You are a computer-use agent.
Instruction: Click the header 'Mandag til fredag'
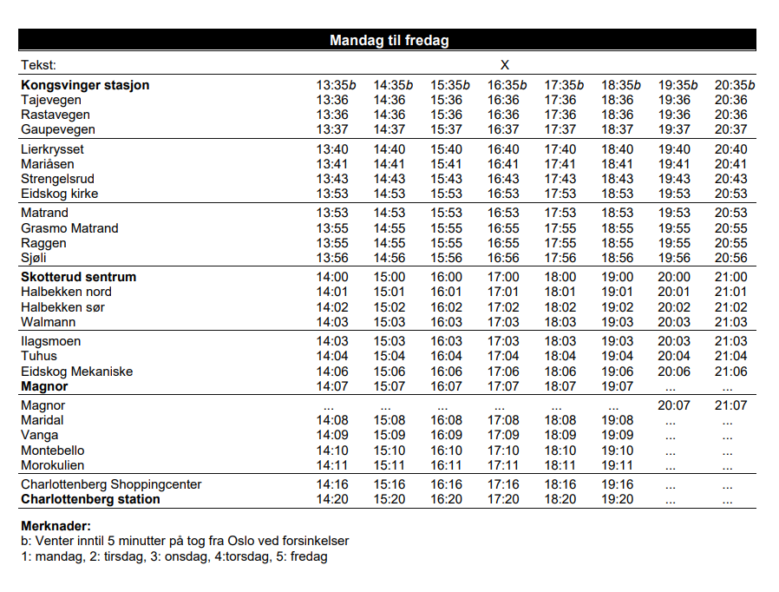click(x=389, y=41)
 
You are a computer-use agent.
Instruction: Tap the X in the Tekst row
click(x=504, y=65)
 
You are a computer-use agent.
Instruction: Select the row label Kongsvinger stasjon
click(x=85, y=85)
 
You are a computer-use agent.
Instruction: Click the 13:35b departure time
click(x=336, y=85)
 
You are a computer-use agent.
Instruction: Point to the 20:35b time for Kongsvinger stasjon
click(x=735, y=85)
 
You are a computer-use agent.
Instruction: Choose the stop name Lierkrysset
click(x=52, y=149)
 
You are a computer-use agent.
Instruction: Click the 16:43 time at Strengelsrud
click(x=503, y=179)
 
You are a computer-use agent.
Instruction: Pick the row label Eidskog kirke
click(x=59, y=194)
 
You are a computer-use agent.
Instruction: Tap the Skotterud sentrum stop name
click(x=78, y=277)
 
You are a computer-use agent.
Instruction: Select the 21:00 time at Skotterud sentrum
click(x=730, y=277)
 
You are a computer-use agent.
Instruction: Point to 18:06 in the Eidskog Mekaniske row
click(x=560, y=372)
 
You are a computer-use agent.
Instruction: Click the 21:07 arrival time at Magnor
click(x=730, y=405)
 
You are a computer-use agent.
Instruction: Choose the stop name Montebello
click(x=52, y=451)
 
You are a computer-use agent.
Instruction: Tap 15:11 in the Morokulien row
click(x=389, y=465)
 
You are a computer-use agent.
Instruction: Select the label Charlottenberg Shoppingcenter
click(x=111, y=484)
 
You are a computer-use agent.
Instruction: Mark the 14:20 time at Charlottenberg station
click(x=332, y=499)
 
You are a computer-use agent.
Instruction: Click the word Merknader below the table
click(x=56, y=526)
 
